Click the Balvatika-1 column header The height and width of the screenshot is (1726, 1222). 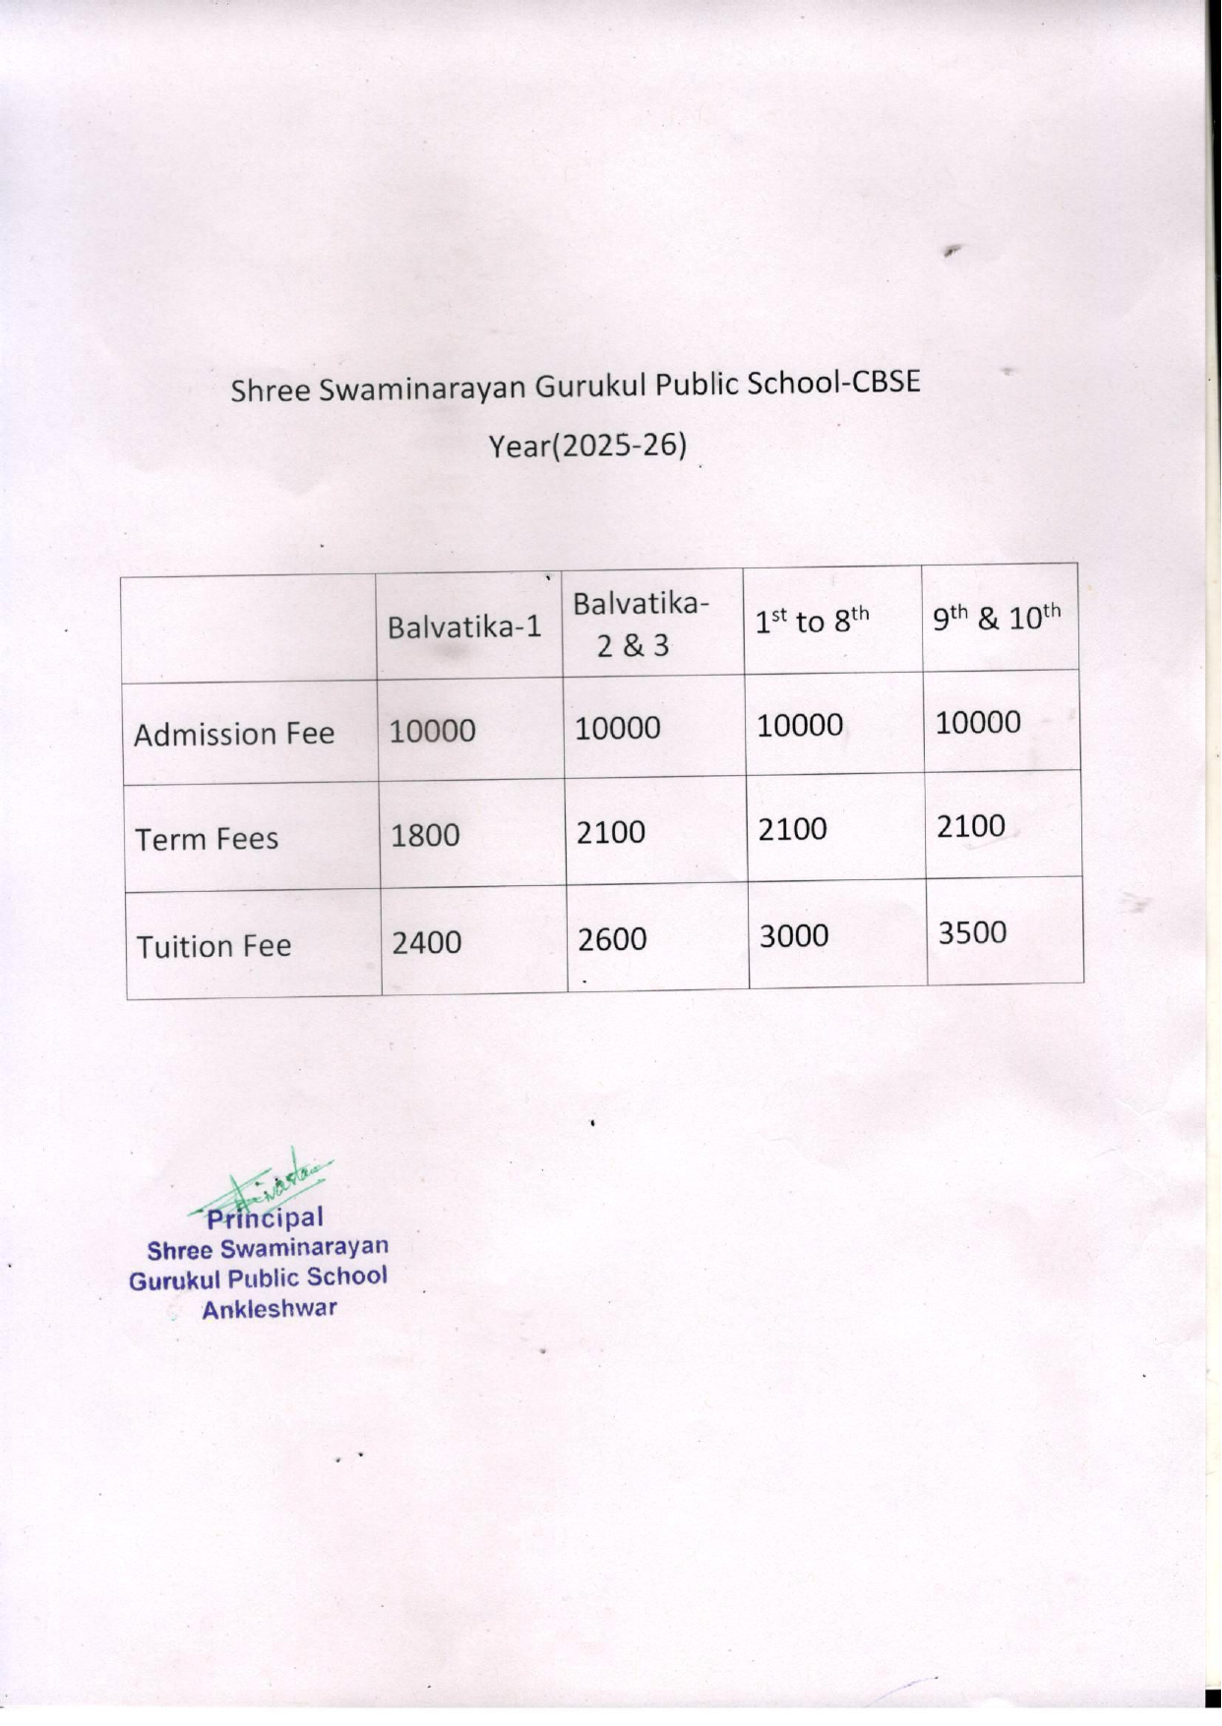pos(464,626)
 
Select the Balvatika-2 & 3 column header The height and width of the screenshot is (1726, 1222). pos(640,624)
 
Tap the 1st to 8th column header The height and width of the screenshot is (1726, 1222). pos(812,621)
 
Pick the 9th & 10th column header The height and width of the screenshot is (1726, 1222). pos(997,618)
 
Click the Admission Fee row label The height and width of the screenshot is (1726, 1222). pos(234,734)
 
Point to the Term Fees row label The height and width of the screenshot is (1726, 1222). pos(207,839)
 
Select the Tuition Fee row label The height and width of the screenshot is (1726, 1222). pos(214,946)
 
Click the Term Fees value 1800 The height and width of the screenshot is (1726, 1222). pos(425,835)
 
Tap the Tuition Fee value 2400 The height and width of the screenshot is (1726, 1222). pos(426,942)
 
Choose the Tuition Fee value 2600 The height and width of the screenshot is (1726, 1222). pos(612,939)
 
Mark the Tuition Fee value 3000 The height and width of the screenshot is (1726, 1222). pos(793,935)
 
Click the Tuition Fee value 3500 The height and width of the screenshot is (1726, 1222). pos(972,932)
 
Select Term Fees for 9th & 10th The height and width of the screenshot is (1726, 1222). pos(970,825)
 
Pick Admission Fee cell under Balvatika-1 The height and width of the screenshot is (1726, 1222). pos(432,731)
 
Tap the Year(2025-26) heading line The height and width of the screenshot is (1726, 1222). pos(587,446)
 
